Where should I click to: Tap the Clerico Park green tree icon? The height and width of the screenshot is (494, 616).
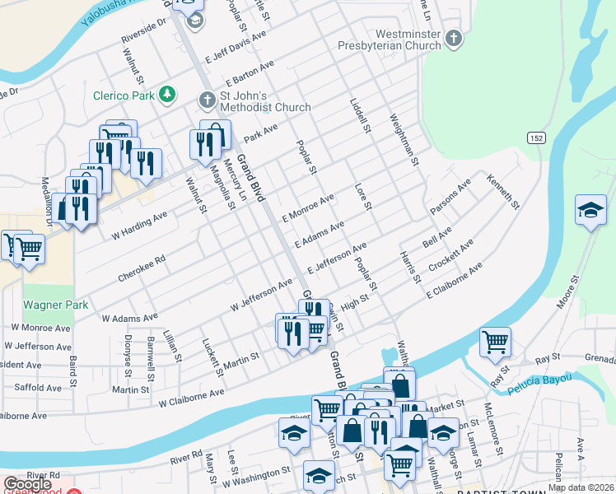pos(168,94)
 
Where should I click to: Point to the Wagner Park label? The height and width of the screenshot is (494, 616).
pos(55,305)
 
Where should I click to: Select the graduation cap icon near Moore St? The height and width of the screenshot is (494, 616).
pos(590,210)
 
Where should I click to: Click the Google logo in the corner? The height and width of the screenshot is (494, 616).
pos(28,484)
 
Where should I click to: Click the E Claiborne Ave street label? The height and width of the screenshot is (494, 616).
pos(454,281)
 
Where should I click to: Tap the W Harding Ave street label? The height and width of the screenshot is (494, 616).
pos(139,219)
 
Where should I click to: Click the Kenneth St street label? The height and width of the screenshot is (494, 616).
pos(504,191)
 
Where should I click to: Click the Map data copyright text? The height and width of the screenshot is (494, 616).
pos(582,487)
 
